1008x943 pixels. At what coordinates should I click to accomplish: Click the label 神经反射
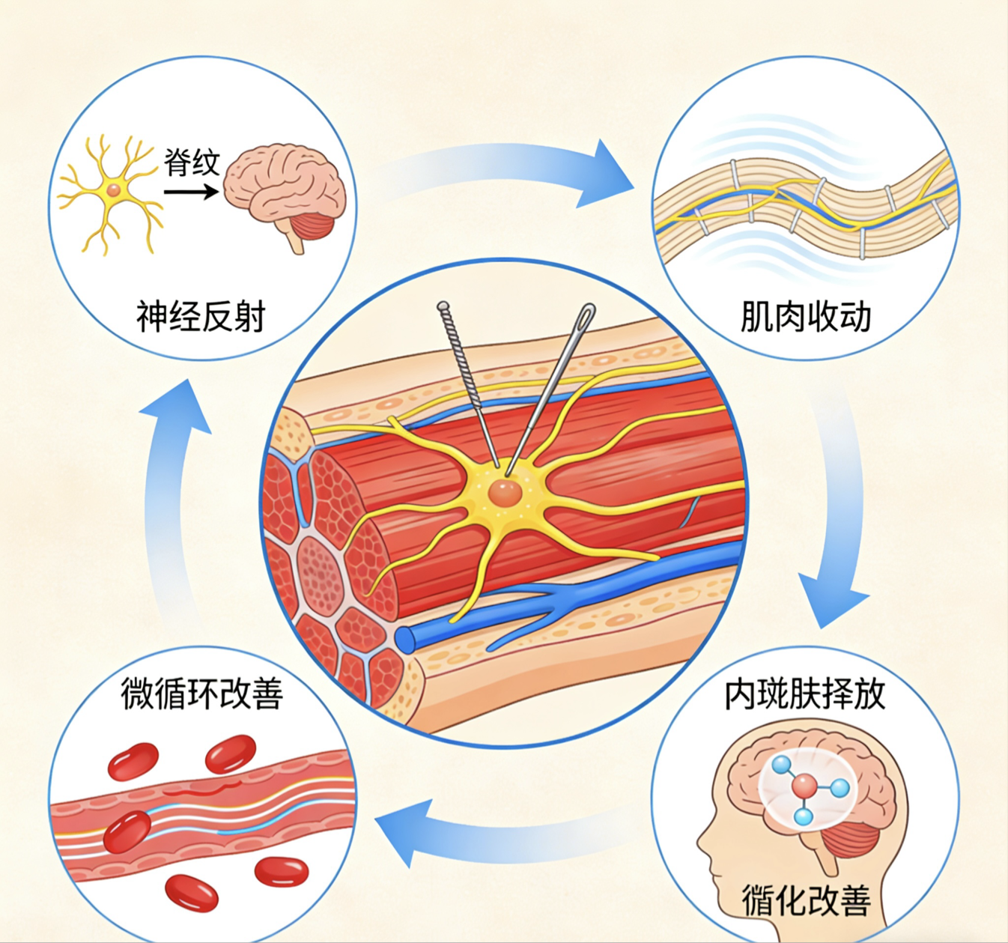(x=201, y=316)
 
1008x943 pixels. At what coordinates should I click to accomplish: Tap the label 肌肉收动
(x=805, y=316)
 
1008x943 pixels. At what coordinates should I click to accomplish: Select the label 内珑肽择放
(x=805, y=694)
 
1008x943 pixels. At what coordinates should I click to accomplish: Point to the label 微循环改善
(x=202, y=694)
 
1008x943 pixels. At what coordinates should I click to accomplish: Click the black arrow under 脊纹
(x=191, y=192)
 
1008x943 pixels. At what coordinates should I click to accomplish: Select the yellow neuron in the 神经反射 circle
(x=112, y=191)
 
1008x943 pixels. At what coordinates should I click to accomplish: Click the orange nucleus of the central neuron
(x=504, y=493)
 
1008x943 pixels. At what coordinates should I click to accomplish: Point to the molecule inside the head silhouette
(x=806, y=789)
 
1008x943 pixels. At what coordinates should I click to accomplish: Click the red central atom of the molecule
(x=805, y=786)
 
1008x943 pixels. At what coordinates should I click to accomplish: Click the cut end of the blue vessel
(x=405, y=639)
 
